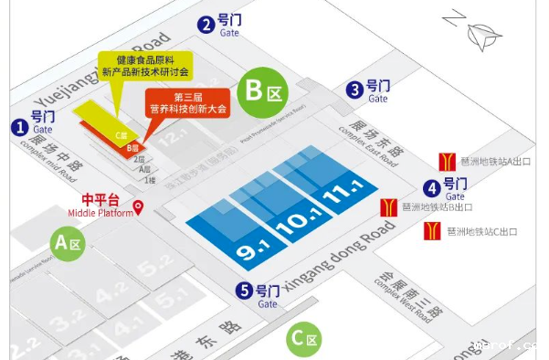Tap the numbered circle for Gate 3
(x=354, y=90)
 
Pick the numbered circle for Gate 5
(x=244, y=291)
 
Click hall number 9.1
(x=249, y=245)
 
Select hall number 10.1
(x=297, y=219)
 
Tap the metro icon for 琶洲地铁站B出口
(x=388, y=206)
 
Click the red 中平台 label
(x=101, y=199)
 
